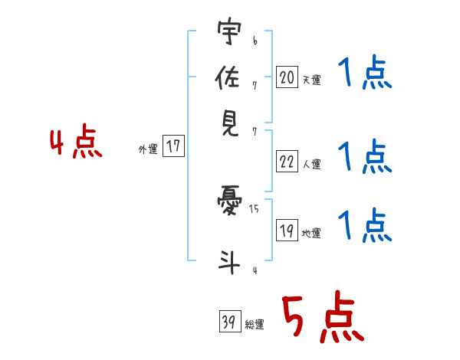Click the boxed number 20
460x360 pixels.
click(287, 77)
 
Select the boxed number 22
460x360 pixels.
click(287, 162)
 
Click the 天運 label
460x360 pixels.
click(311, 80)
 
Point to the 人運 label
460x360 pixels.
click(311, 164)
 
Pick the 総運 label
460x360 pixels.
click(255, 325)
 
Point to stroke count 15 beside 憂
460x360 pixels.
click(254, 208)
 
